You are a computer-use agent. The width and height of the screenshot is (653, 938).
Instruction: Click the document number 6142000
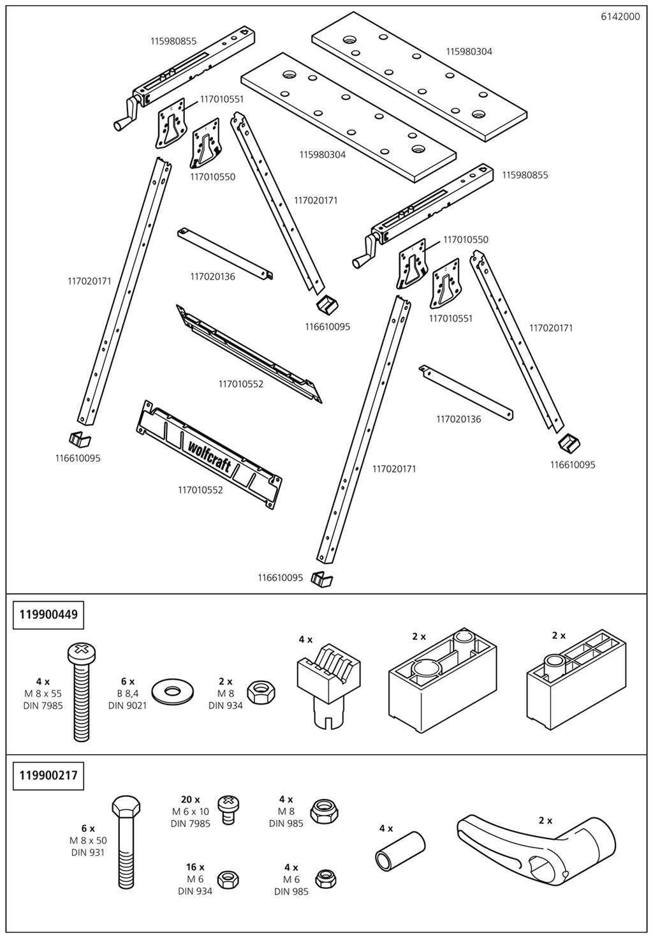620,17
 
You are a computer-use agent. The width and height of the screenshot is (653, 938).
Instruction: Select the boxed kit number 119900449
48,614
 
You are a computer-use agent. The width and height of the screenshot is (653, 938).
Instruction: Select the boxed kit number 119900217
48,775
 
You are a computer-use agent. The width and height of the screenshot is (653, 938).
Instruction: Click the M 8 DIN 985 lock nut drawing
323,812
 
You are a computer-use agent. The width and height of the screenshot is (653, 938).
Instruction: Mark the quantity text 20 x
190,800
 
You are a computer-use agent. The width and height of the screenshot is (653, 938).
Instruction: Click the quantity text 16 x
194,867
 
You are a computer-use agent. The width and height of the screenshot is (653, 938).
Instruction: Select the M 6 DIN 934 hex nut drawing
228,879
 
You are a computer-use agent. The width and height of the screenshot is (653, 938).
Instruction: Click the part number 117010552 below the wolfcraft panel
200,490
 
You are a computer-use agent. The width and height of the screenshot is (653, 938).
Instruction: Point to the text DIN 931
87,852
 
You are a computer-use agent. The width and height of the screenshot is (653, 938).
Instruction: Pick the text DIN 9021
127,705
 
